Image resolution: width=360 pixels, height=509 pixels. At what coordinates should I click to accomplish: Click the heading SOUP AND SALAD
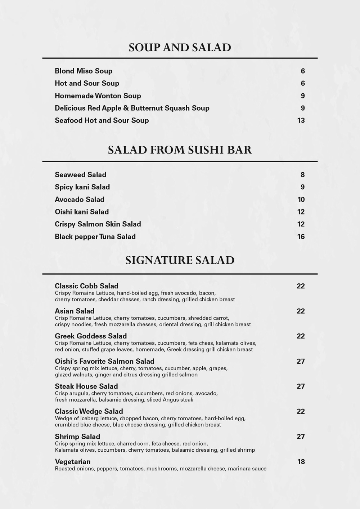180,48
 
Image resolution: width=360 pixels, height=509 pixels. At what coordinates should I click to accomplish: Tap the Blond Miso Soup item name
84,71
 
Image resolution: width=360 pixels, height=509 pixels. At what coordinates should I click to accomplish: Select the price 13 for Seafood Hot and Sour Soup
301,120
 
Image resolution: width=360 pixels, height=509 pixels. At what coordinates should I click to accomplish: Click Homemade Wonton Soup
98,96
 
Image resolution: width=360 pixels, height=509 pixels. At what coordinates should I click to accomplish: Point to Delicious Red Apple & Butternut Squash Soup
132,108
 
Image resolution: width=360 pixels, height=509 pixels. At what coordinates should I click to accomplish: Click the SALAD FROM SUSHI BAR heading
180,150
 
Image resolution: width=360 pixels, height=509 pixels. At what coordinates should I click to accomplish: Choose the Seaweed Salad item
81,175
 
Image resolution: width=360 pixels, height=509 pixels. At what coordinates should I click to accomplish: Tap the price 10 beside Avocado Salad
301,200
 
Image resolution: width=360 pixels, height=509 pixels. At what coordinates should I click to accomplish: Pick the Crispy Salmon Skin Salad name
98,224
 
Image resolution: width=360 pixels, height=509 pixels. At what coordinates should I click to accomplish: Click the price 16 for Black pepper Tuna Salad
301,237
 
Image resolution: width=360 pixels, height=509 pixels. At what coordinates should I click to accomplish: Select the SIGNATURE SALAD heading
180,260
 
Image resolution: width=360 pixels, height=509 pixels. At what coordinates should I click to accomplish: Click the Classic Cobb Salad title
86,286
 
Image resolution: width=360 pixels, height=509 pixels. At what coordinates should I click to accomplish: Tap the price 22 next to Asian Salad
301,311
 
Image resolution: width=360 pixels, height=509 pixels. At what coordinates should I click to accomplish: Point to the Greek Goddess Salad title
91,336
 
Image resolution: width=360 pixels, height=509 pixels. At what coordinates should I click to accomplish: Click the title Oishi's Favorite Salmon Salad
104,361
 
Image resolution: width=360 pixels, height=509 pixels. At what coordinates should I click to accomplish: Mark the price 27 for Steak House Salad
301,386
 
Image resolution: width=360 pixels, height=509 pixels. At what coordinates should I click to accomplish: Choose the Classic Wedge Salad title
89,411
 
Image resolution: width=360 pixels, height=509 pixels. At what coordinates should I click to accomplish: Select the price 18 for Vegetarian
301,462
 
